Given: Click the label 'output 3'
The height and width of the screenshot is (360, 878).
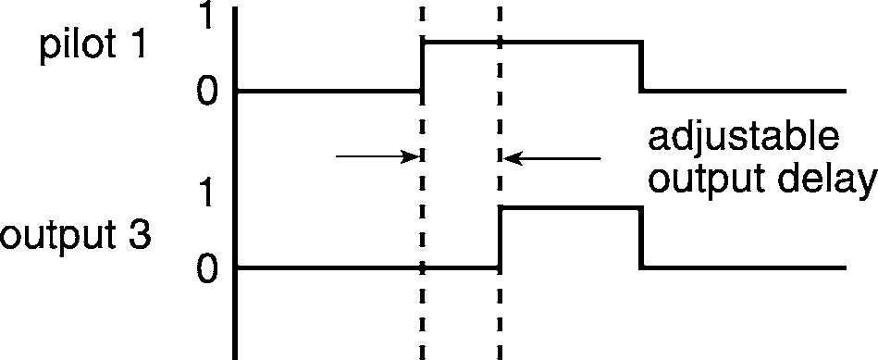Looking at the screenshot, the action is click(x=75, y=236).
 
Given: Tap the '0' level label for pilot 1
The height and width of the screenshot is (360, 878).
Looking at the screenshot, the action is click(x=206, y=91).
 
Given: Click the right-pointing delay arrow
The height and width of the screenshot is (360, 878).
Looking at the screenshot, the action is click(x=377, y=156).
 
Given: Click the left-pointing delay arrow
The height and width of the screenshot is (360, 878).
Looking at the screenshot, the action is click(x=552, y=158).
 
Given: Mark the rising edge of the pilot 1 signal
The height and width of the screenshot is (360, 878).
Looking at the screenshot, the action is click(x=424, y=66).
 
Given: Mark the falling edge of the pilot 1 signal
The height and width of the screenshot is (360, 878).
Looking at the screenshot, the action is click(x=640, y=66).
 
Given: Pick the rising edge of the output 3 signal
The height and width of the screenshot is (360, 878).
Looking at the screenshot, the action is click(x=501, y=239).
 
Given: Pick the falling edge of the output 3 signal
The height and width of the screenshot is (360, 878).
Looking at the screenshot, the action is click(x=640, y=239).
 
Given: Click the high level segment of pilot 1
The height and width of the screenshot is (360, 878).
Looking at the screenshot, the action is click(x=532, y=42).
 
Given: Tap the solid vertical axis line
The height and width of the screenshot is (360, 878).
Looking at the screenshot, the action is click(x=236, y=183).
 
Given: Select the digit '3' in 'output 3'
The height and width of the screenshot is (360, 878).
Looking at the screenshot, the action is click(x=140, y=234).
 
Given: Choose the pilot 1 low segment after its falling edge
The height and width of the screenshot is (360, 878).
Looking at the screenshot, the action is click(x=743, y=91).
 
